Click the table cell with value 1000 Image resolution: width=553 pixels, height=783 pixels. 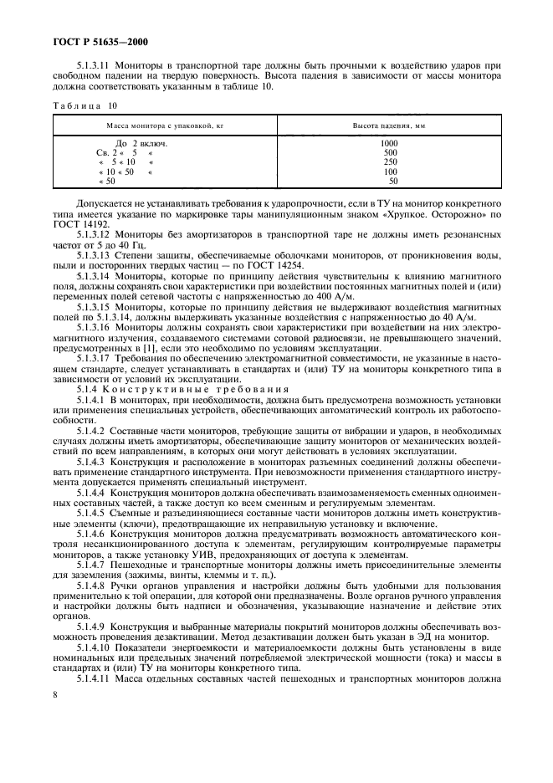pos(389,143)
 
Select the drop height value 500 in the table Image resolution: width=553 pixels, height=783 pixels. pos(391,152)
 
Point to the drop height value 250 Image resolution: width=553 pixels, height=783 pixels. pos(391,161)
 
